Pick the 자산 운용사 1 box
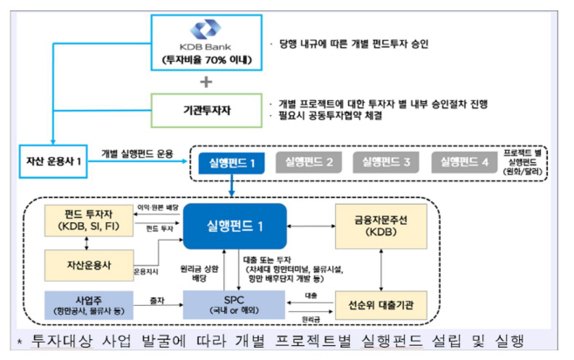click(53, 160)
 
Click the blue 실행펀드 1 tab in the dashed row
click(230, 162)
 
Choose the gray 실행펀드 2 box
click(305, 162)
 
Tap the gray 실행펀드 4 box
click(462, 162)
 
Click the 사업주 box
click(89, 304)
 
